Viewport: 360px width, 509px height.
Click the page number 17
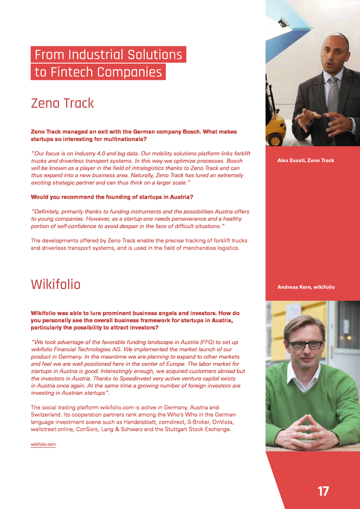point(323,491)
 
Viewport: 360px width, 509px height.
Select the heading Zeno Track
point(62,103)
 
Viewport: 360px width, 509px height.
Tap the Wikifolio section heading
point(55,284)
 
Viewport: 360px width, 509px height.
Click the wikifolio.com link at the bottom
point(43,445)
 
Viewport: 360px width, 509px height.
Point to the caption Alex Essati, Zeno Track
point(306,161)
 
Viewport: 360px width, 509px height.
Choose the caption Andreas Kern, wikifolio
point(306,287)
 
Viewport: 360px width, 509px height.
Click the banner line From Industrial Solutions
point(108,55)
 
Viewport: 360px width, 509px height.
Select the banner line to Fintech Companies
point(98,72)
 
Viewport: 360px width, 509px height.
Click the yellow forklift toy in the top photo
point(276,131)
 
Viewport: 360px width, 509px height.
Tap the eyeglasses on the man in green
point(306,345)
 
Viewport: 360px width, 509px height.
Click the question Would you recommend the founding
point(112,197)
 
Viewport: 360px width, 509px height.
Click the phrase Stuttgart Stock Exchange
point(196,429)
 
